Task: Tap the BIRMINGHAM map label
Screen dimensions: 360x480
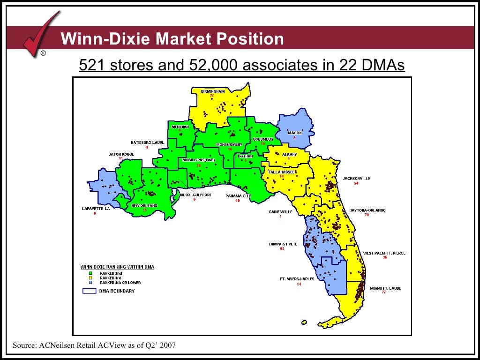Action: point(212,91)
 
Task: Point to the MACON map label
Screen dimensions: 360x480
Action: point(294,133)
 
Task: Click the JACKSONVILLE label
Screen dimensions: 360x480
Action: point(356,179)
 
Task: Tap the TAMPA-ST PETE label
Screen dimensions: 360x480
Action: point(282,244)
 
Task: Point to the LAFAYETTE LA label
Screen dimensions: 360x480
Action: point(95,209)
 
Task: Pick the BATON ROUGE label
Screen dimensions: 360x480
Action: point(121,154)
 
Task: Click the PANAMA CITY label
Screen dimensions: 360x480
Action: point(238,196)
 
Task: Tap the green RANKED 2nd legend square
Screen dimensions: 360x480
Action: point(90,273)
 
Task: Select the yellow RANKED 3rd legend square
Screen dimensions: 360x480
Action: point(90,278)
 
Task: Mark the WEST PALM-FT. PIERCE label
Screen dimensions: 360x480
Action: point(384,253)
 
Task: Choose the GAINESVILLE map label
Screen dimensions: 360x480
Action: point(280,212)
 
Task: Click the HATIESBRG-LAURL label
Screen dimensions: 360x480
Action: point(147,142)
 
